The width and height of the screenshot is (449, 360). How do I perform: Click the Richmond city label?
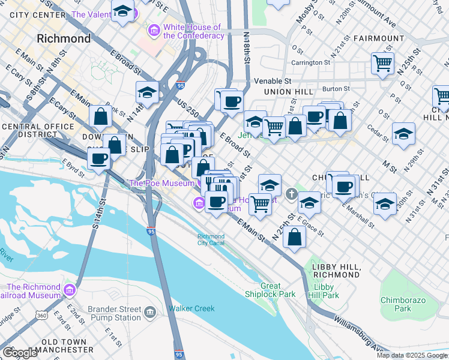point(64,39)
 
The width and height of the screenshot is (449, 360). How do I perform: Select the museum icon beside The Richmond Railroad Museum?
point(70,290)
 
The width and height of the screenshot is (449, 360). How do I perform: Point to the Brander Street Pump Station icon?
point(149,312)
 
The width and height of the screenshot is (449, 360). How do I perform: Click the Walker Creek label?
point(191,308)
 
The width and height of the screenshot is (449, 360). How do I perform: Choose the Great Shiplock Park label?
point(270,290)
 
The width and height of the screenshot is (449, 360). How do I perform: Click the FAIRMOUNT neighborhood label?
point(379,38)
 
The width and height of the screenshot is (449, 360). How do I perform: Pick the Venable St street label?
point(272,80)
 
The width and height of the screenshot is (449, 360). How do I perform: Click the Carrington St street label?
point(311,62)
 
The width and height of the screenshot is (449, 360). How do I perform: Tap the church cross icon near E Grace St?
point(291,194)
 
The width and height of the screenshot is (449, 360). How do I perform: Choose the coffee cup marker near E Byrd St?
point(99,160)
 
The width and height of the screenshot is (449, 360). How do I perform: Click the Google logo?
point(20,353)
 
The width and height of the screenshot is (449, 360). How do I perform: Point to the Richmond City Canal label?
point(211,239)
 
